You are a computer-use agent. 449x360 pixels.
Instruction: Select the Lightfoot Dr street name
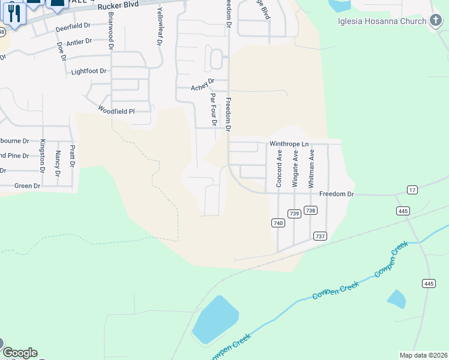[88, 71]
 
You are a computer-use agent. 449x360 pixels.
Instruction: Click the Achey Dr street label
[202, 85]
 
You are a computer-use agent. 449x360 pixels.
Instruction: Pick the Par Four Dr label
[213, 109]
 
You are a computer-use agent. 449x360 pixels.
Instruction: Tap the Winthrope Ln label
[289, 144]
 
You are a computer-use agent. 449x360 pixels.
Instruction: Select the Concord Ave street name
[279, 169]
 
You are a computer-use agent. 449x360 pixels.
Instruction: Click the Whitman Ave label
[311, 169]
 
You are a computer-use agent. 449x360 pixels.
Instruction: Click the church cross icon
[436, 22]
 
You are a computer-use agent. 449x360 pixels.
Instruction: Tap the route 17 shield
[412, 190]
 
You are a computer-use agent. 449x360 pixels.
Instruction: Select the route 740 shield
[277, 223]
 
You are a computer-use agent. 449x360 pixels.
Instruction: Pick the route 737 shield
[320, 236]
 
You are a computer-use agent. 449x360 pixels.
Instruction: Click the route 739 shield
[294, 214]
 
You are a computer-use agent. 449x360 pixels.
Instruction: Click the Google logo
[20, 353]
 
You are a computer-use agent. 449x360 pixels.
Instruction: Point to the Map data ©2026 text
[423, 355]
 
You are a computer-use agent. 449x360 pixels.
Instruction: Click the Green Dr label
[27, 186]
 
